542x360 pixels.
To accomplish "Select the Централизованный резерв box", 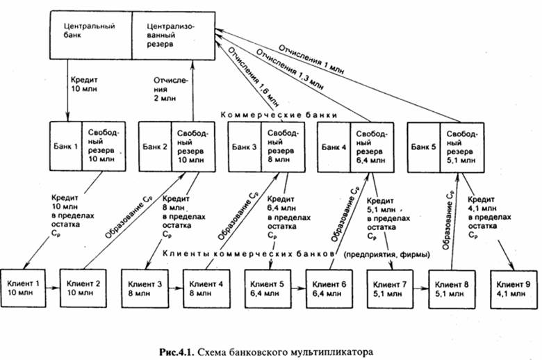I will (x=173, y=34).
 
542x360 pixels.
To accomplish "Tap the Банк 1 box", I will (x=65, y=147).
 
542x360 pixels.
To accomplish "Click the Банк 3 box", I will (x=244, y=147).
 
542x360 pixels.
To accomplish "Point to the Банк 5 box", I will (x=423, y=147).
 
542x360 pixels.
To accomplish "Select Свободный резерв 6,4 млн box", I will (x=368, y=147).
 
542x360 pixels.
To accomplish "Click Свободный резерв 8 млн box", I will (x=282, y=147).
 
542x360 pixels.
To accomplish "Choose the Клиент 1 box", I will (x=25, y=286).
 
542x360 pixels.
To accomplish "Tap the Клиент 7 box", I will (x=391, y=286).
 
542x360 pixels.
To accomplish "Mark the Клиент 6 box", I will (x=329, y=286).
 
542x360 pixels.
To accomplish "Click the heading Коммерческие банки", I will (x=278, y=114).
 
